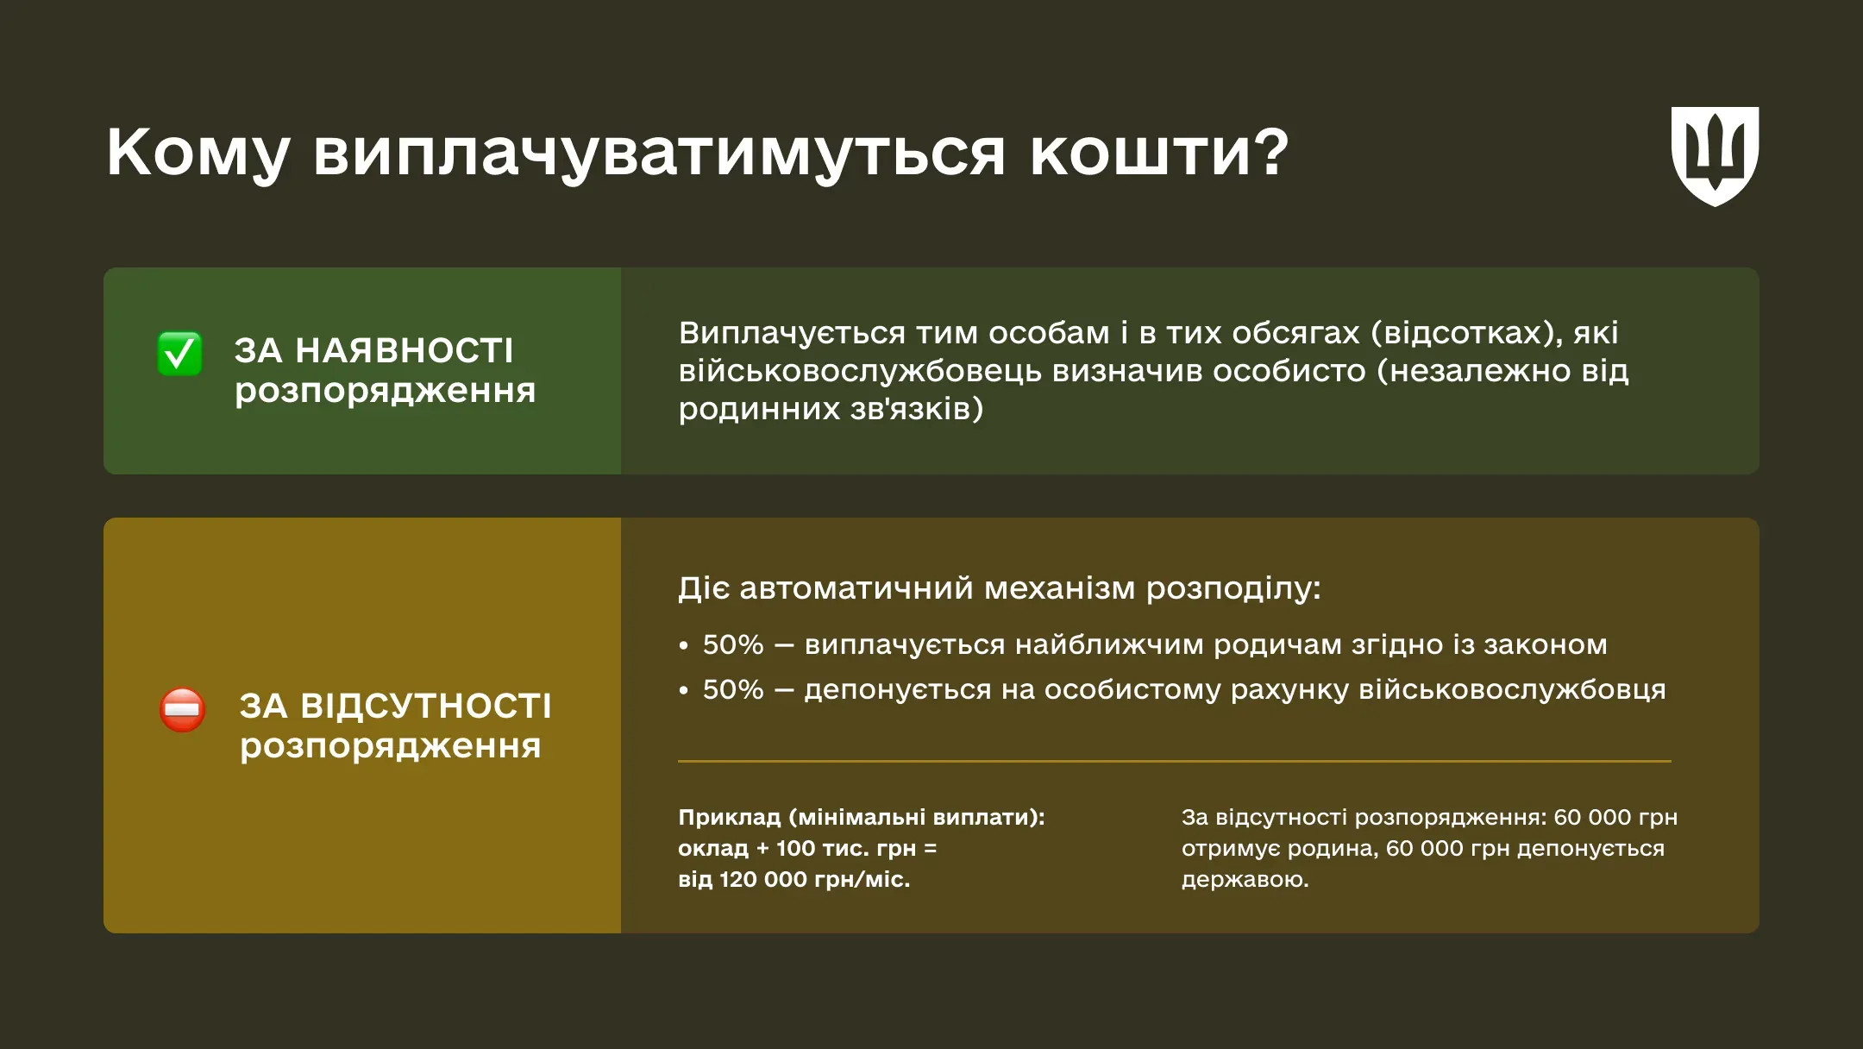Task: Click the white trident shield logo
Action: [1715, 155]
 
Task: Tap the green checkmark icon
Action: [179, 354]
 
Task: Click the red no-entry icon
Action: [182, 709]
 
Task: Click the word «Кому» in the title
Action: [198, 154]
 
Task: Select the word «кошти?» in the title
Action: [1158, 154]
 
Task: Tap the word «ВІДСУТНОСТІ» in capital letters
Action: [428, 707]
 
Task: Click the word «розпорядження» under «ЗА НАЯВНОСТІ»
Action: [385, 391]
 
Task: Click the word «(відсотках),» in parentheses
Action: [1466, 333]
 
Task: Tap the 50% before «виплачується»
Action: [732, 645]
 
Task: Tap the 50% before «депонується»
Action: [732, 690]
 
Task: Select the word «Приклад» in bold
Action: [729, 817]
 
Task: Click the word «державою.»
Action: [1245, 880]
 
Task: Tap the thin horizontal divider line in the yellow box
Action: [1174, 761]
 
